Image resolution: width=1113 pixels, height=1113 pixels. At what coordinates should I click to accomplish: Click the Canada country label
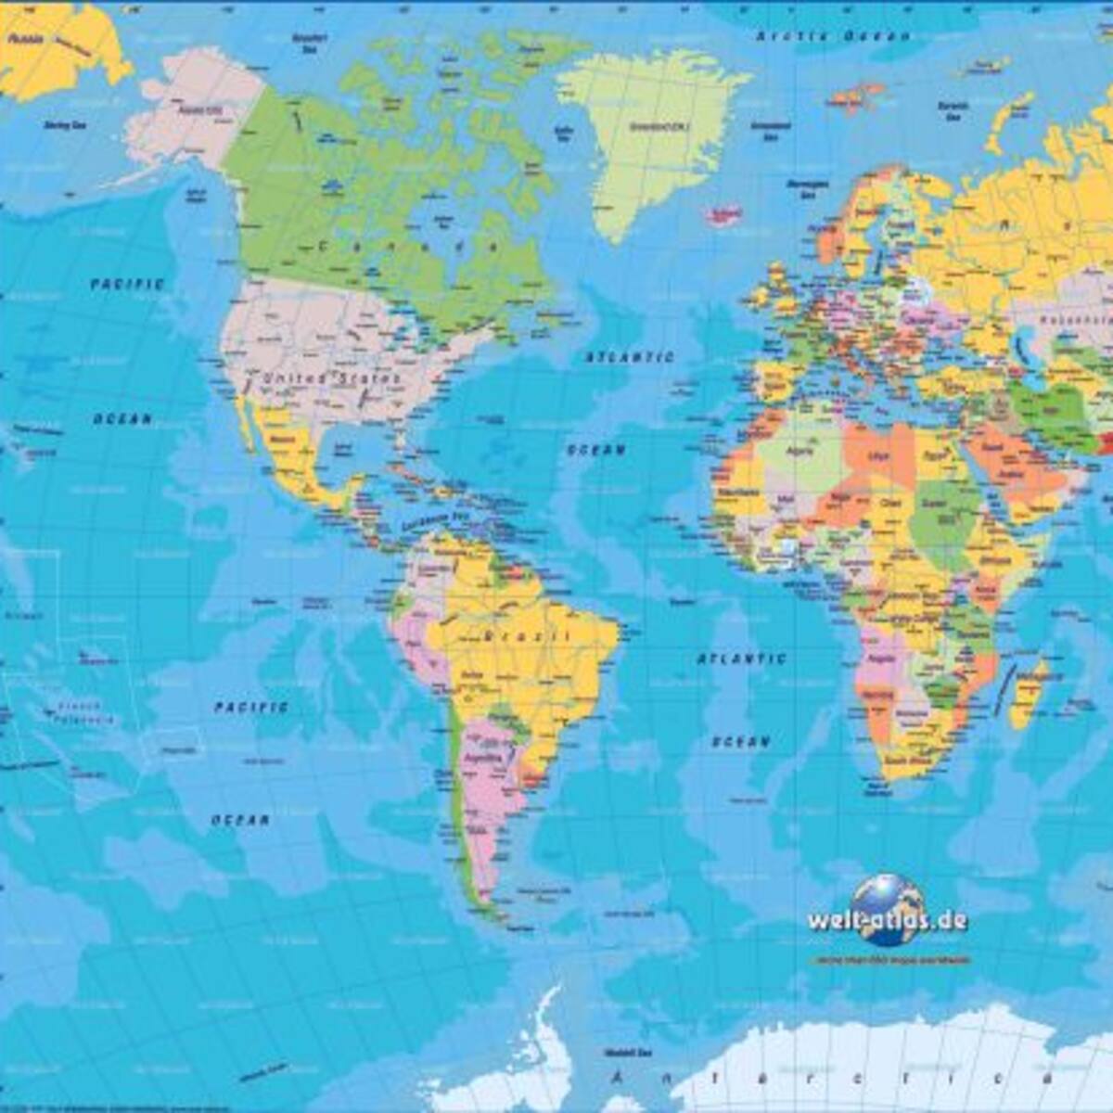pos(408,246)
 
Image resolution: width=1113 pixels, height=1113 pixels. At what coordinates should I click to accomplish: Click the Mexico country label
pos(282,439)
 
